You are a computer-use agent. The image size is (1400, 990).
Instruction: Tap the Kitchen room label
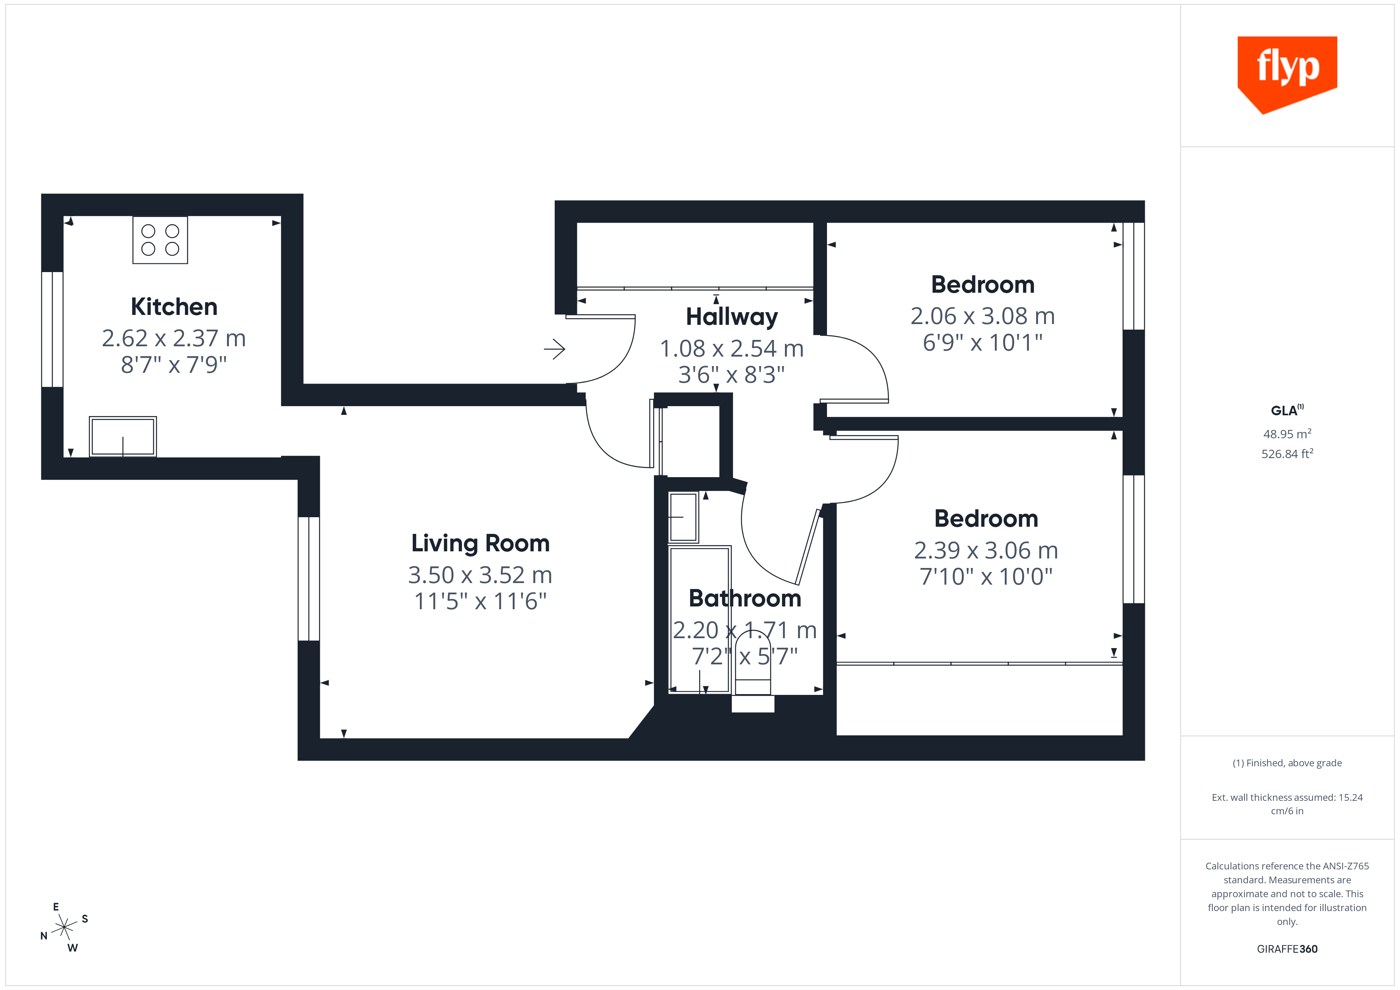click(x=174, y=307)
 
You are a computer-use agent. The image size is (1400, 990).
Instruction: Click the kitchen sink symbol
click(x=123, y=436)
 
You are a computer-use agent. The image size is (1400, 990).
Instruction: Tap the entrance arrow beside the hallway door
click(x=554, y=349)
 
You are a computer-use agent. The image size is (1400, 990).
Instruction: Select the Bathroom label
click(x=744, y=599)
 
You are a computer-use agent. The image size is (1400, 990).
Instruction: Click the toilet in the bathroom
click(x=753, y=664)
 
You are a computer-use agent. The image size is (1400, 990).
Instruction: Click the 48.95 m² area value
click(x=1287, y=434)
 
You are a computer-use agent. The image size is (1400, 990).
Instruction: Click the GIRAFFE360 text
click(x=1287, y=948)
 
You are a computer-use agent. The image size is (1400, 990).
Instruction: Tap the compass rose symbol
click(x=64, y=927)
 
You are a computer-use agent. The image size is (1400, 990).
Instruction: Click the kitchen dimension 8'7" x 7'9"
click(x=174, y=365)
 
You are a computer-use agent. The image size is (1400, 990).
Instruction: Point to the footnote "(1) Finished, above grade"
click(x=1287, y=763)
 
